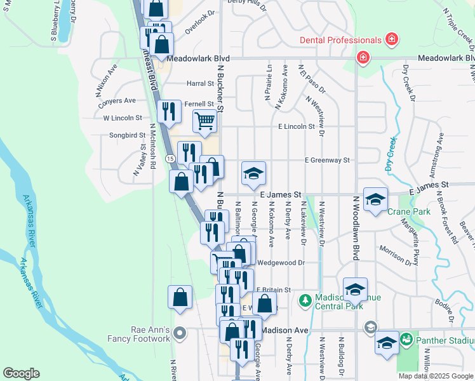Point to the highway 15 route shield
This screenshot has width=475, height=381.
point(170,157)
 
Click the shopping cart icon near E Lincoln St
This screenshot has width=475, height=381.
point(204,121)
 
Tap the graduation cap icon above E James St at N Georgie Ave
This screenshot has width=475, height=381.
point(253,173)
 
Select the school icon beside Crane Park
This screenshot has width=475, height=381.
point(375,199)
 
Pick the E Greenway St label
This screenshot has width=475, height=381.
point(328,161)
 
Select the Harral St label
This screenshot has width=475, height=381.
point(200,83)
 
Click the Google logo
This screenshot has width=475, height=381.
point(22,373)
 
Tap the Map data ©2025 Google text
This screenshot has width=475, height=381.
point(436,376)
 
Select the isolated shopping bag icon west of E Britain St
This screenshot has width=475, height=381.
point(180,298)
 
